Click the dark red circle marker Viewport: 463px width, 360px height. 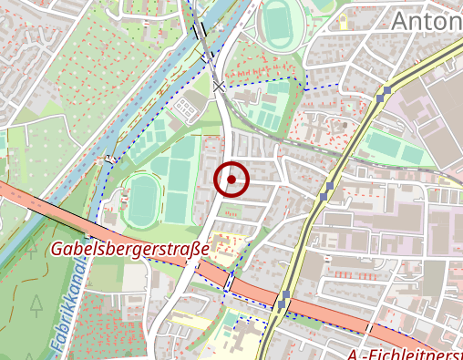[x=231, y=180]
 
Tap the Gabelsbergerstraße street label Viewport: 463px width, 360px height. [x=130, y=248]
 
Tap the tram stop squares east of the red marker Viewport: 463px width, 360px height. [x=327, y=190]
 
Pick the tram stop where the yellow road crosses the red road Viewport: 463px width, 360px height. [x=284, y=300]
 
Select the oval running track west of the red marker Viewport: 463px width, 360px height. [x=142, y=201]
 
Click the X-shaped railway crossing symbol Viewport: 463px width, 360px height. [x=219, y=87]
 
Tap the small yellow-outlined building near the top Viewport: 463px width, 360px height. [x=344, y=21]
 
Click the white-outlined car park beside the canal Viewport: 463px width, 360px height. [x=186, y=109]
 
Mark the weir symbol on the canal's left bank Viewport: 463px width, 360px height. [x=110, y=159]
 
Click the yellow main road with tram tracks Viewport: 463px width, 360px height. [x=310, y=232]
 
